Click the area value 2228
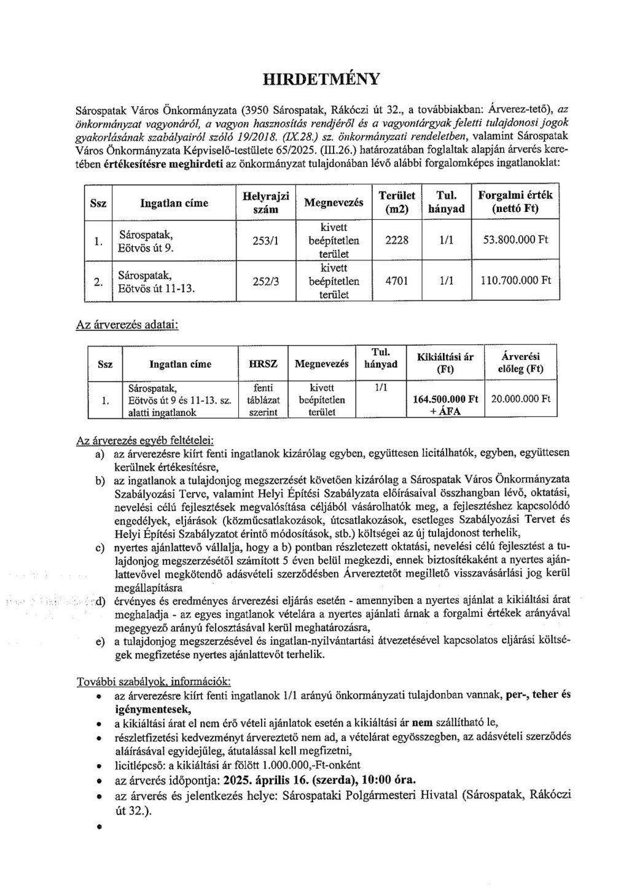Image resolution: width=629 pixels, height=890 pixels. [396, 241]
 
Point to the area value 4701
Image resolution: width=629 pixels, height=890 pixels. [396, 281]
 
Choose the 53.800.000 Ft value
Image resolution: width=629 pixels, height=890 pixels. [515, 241]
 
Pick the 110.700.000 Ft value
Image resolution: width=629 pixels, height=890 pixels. [515, 281]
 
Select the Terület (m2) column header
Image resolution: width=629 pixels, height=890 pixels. [396, 202]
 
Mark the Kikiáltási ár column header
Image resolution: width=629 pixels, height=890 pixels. [445, 364]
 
